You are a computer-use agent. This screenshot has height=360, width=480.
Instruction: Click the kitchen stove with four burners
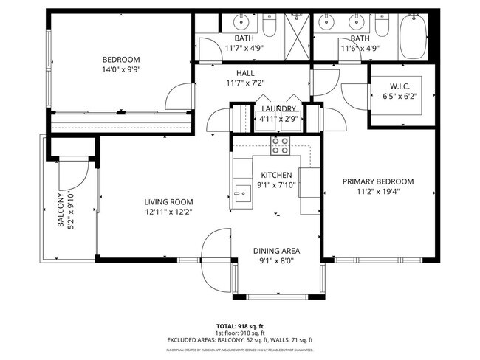280,145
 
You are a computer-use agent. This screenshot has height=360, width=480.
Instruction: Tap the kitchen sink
241,193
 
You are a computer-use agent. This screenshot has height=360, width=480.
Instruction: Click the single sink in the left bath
244,22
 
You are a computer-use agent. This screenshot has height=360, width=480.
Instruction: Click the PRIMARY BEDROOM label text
377,181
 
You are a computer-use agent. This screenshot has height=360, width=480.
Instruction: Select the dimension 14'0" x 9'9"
121,69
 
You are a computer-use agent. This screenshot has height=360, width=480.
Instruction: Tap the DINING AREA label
277,250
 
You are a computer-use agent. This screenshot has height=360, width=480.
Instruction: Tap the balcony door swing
74,175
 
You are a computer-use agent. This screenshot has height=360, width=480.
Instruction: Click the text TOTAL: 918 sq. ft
241,325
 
